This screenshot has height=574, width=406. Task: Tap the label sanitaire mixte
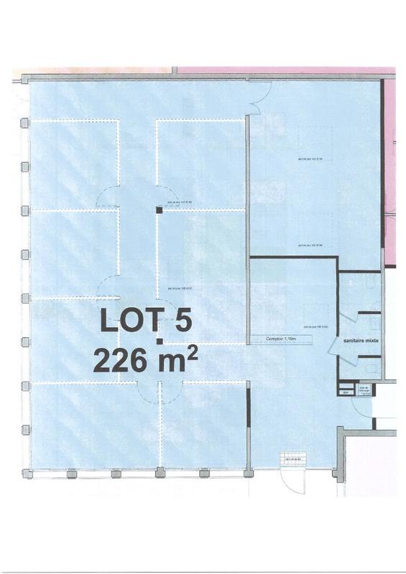[x=361, y=342]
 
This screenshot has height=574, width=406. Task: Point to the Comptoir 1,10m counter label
[x=280, y=339]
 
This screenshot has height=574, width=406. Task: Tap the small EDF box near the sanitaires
[x=345, y=392]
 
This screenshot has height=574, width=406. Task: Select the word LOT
[x=128, y=320]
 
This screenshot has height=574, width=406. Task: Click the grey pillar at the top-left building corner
[x=24, y=77]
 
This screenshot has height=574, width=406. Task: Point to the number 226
[x=119, y=359]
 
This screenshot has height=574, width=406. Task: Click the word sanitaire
[x=354, y=342]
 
